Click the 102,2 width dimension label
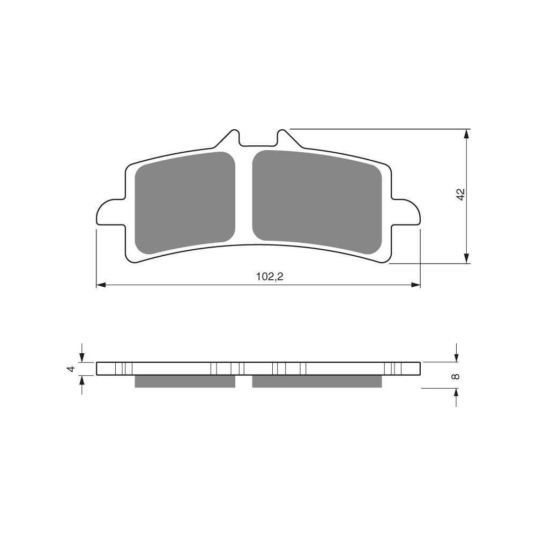coord(270,277)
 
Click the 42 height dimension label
coord(461,194)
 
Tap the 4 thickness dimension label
coord(71,369)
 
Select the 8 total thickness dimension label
coord(455,376)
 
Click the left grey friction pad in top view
coord(185,203)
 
